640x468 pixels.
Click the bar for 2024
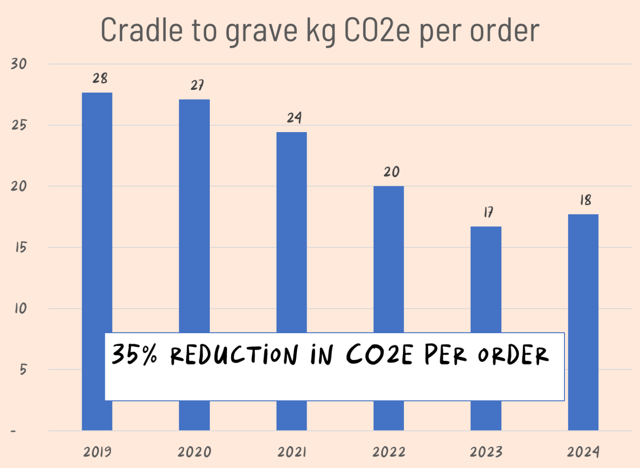(x=583, y=276)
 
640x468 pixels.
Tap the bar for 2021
(x=292, y=231)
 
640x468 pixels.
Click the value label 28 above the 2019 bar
(x=100, y=78)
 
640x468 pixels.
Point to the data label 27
(x=197, y=85)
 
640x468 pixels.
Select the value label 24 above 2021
(x=294, y=118)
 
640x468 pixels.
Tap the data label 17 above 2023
(x=488, y=212)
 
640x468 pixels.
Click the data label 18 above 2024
(x=585, y=200)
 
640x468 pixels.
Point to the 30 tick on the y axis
(x=19, y=64)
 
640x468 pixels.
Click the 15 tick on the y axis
(x=20, y=247)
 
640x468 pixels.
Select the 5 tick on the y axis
(x=23, y=369)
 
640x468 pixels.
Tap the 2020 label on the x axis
(x=194, y=452)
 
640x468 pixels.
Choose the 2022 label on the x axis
(x=389, y=452)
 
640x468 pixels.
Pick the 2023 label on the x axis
(x=486, y=452)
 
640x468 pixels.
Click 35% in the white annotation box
(x=134, y=355)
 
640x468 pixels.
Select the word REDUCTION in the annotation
(x=234, y=355)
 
